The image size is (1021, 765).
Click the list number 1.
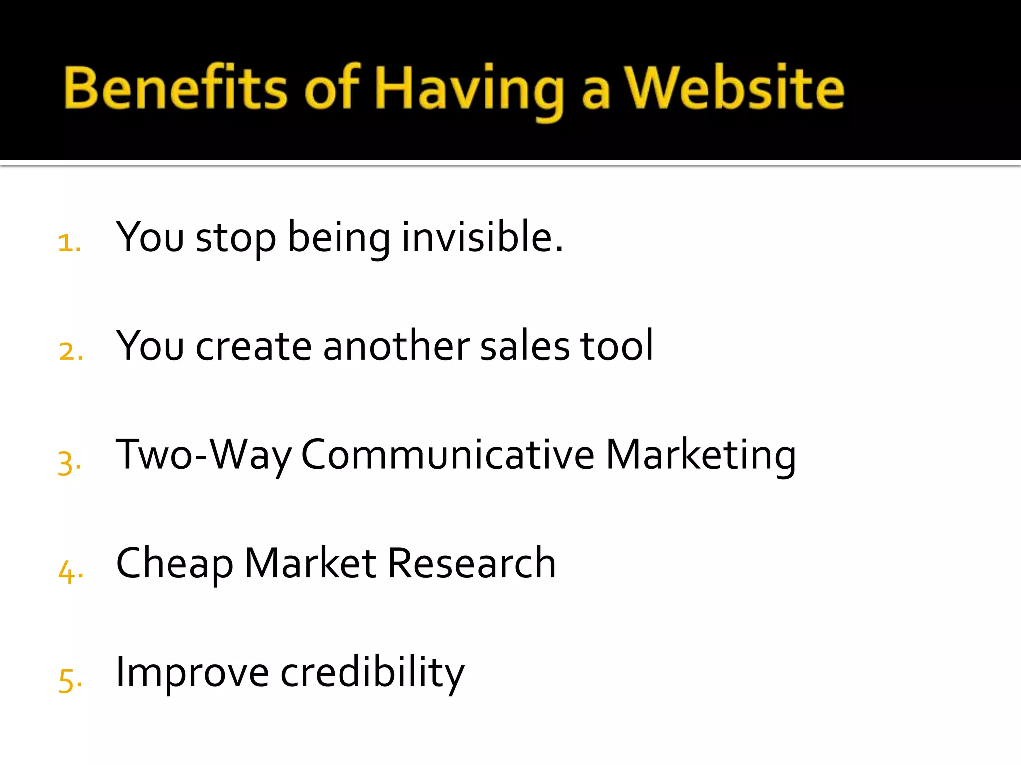tap(69, 243)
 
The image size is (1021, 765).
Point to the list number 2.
tap(70, 351)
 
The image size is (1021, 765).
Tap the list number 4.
tap(70, 571)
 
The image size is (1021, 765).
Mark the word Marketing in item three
tap(700, 455)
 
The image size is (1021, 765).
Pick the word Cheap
tap(174, 564)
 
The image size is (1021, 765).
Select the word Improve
tap(192, 673)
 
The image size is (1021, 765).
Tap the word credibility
tap(372, 673)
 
